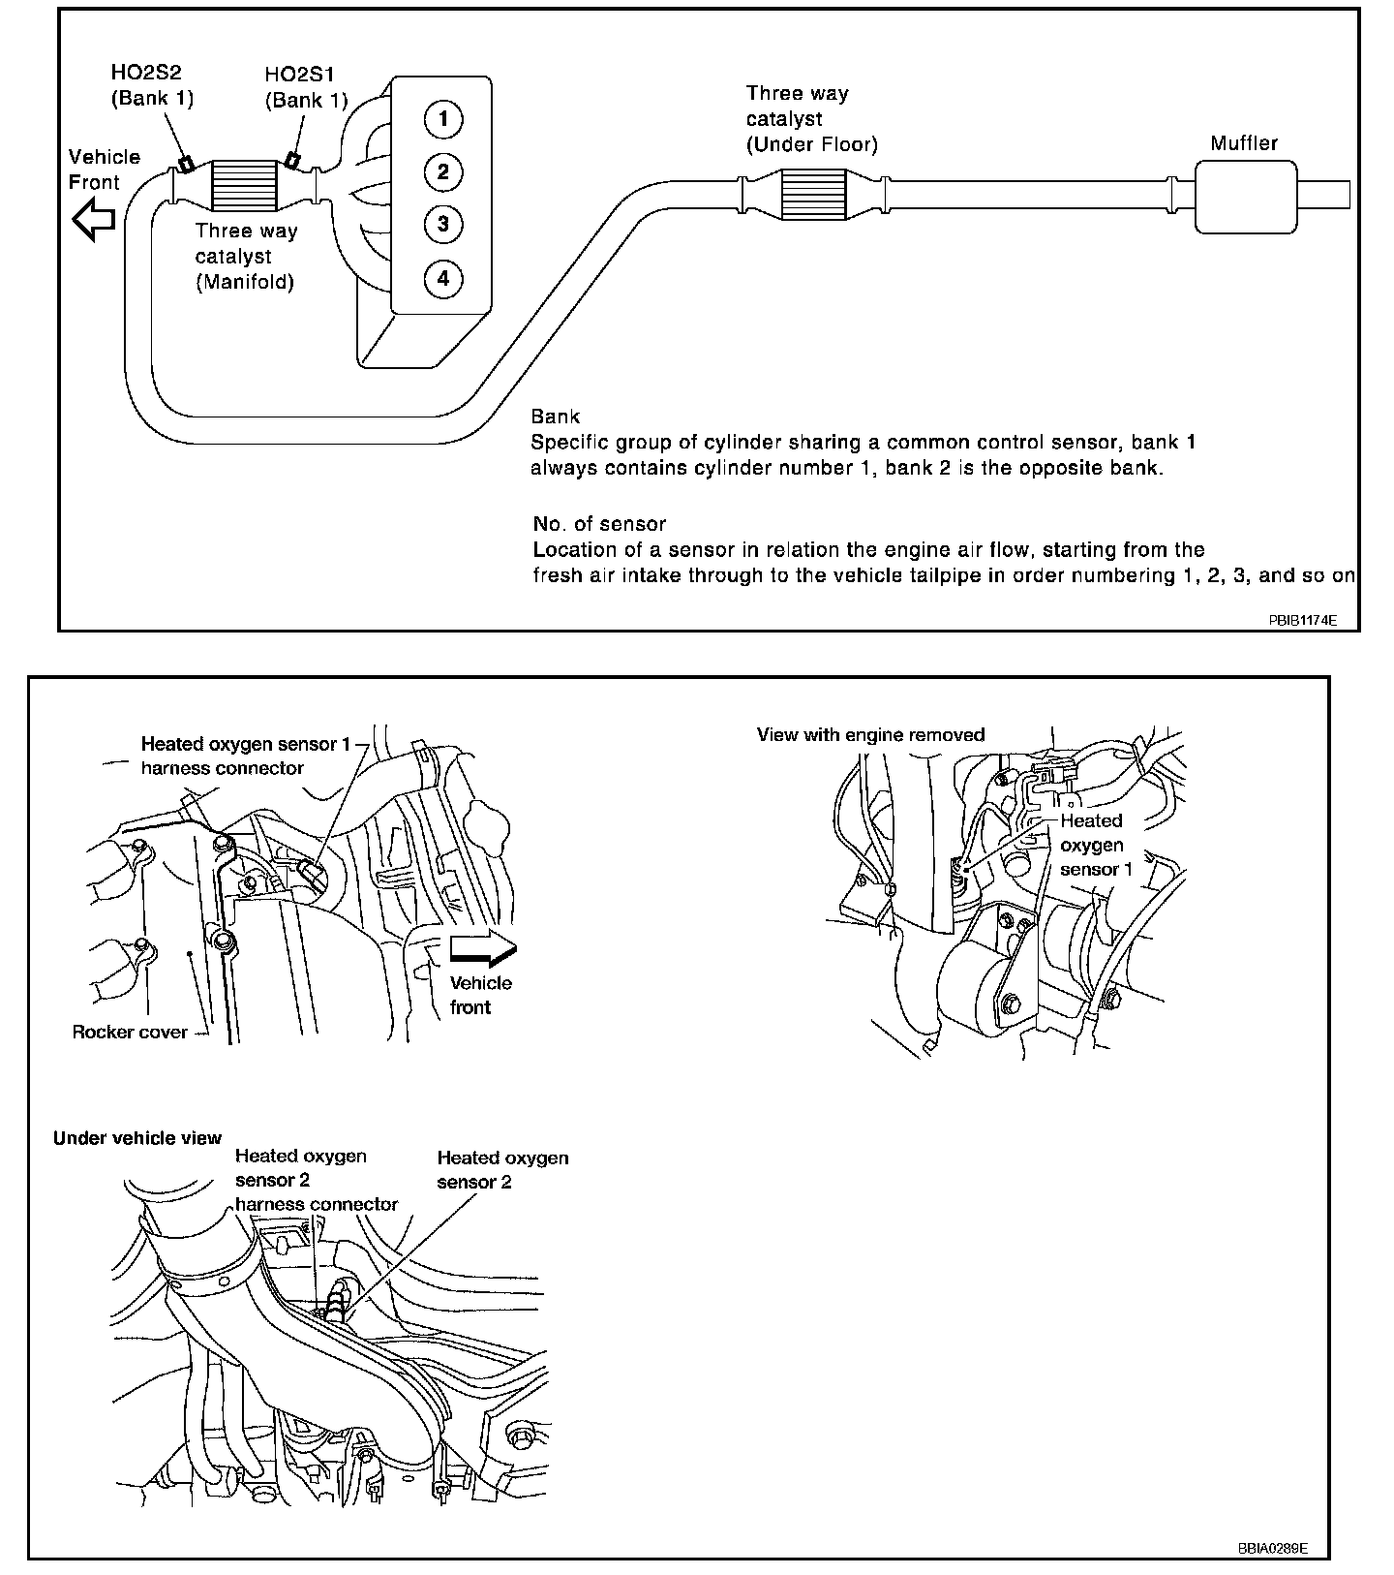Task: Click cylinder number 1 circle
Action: (x=443, y=119)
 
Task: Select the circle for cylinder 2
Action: (x=443, y=172)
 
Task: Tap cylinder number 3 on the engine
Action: (x=443, y=225)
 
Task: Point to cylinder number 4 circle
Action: (x=443, y=279)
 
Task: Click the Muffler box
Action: (x=1245, y=197)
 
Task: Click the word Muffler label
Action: (x=1244, y=143)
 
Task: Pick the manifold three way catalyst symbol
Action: (x=245, y=184)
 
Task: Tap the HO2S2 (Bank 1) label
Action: (x=152, y=85)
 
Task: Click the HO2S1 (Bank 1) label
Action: (x=306, y=87)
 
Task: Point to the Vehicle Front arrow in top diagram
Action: (x=95, y=220)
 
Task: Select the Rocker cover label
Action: (x=130, y=1033)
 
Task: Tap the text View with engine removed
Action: (x=870, y=735)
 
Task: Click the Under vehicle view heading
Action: (x=137, y=1138)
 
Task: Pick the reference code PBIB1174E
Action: (x=1302, y=619)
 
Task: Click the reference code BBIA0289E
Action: (x=1272, y=1548)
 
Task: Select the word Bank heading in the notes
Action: (x=555, y=417)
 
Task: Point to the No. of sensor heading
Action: (x=599, y=524)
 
